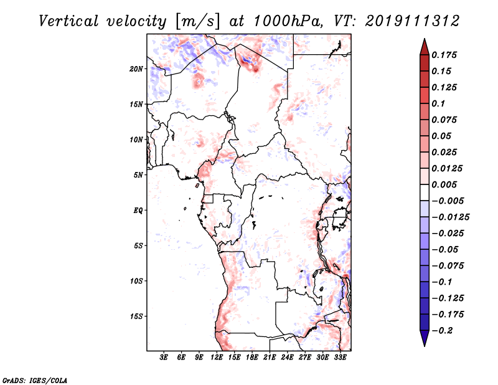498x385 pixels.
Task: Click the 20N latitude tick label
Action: point(136,69)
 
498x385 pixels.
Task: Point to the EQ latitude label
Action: point(138,211)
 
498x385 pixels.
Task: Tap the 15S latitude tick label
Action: point(136,316)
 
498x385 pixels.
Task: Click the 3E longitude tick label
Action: point(164,358)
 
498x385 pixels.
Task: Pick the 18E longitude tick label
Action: point(253,358)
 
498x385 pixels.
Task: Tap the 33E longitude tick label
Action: point(340,358)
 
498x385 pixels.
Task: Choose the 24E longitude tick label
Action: point(288,358)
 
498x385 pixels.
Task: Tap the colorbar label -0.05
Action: point(446,249)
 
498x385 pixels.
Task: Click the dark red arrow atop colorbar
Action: point(423,45)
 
